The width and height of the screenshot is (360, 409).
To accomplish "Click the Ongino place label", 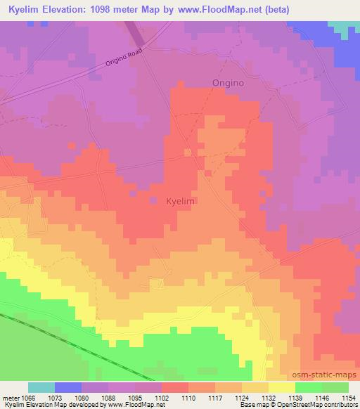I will tap(228, 83).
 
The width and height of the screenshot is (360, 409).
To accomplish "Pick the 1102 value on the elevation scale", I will tap(161, 398).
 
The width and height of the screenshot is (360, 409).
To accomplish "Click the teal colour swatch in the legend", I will tap(41, 387).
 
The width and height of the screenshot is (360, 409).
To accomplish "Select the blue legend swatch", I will tap(68, 387).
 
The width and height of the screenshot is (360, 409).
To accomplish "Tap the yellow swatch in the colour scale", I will tap(282, 387).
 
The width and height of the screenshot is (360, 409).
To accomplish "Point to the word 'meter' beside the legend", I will tap(11, 398).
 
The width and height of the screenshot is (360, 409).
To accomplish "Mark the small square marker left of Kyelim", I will tap(153, 201).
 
